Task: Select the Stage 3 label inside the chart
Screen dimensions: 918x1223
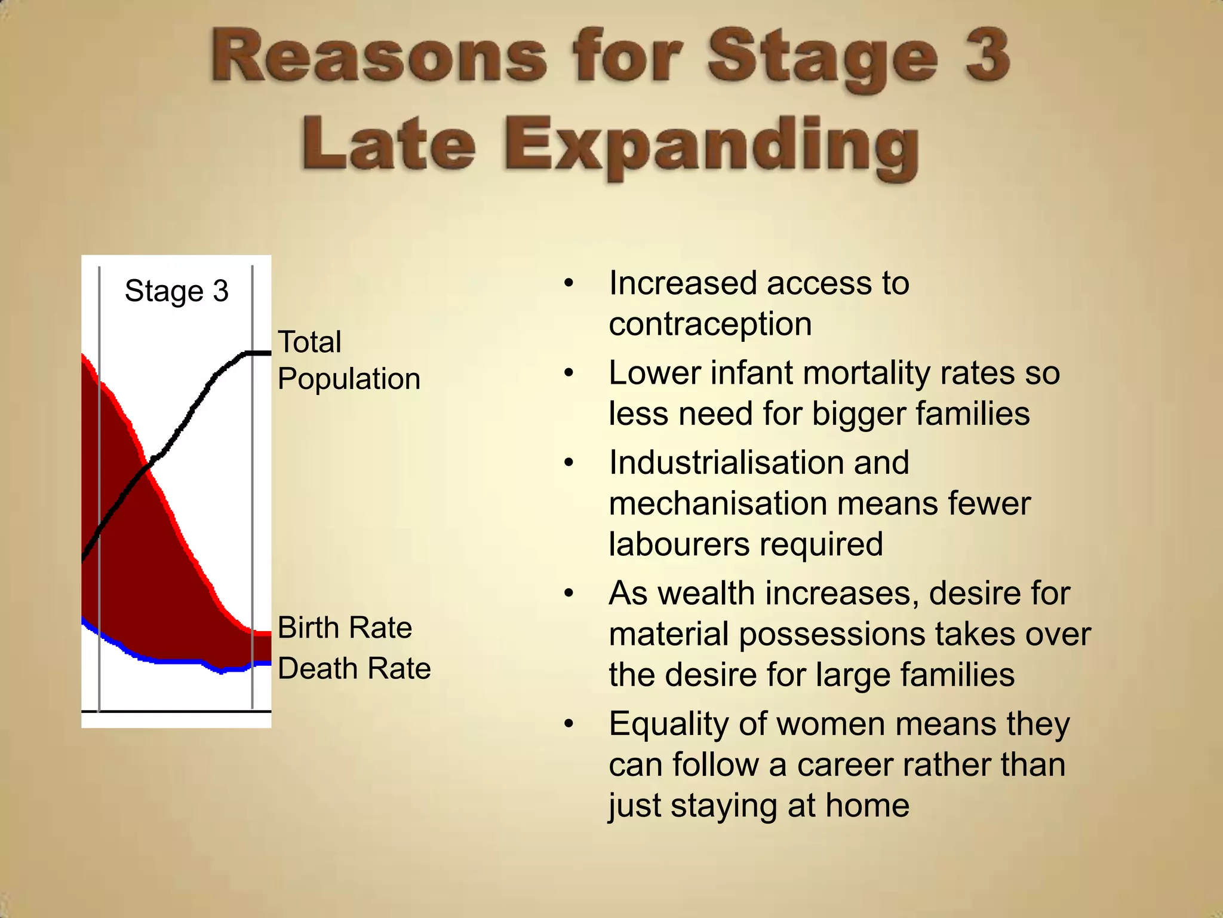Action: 176,291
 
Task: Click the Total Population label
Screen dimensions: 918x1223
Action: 348,360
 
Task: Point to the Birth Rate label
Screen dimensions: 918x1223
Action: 345,628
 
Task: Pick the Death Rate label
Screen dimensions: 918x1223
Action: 354,668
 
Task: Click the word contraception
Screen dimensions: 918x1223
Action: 710,325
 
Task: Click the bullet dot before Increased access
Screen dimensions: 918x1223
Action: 569,284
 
